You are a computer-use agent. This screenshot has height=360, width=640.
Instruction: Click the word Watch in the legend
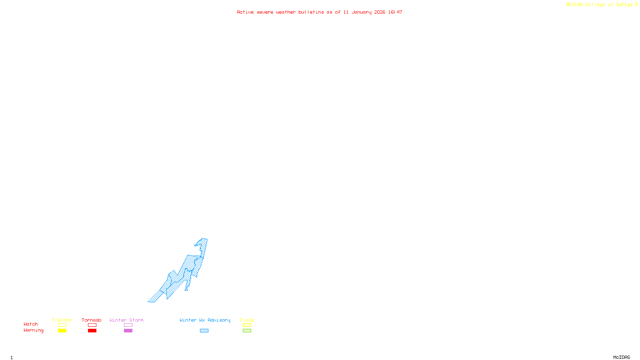pos(31,324)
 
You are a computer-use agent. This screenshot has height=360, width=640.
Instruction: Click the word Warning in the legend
pos(34,330)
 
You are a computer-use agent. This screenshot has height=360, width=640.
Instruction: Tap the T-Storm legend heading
pos(62,320)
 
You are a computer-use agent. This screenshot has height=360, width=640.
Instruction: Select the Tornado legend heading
pos(92,320)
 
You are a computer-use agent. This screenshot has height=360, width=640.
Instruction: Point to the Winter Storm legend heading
pos(126,320)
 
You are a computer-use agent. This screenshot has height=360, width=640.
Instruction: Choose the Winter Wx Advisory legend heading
pos(205,320)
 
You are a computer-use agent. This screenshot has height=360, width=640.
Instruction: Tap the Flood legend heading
pos(247,320)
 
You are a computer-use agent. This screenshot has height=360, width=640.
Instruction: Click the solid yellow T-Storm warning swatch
pos(62,331)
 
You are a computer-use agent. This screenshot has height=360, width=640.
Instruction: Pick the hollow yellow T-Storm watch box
pos(62,325)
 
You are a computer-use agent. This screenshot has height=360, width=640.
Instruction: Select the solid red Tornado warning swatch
pos(92,331)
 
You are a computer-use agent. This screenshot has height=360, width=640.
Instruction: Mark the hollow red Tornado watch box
pos(92,325)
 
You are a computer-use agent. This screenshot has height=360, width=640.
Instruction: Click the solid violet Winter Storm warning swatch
pos(128,331)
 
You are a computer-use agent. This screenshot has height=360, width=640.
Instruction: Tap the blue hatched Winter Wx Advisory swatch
pos(204,331)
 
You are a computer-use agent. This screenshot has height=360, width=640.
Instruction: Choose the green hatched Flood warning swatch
pos(247,331)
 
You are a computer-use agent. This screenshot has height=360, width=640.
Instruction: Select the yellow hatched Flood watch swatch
pos(247,325)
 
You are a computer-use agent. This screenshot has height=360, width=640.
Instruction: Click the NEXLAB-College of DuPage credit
pos(600,5)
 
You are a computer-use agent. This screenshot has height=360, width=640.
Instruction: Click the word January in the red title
pos(362,12)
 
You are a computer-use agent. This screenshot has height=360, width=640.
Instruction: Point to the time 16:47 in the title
pos(395,12)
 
